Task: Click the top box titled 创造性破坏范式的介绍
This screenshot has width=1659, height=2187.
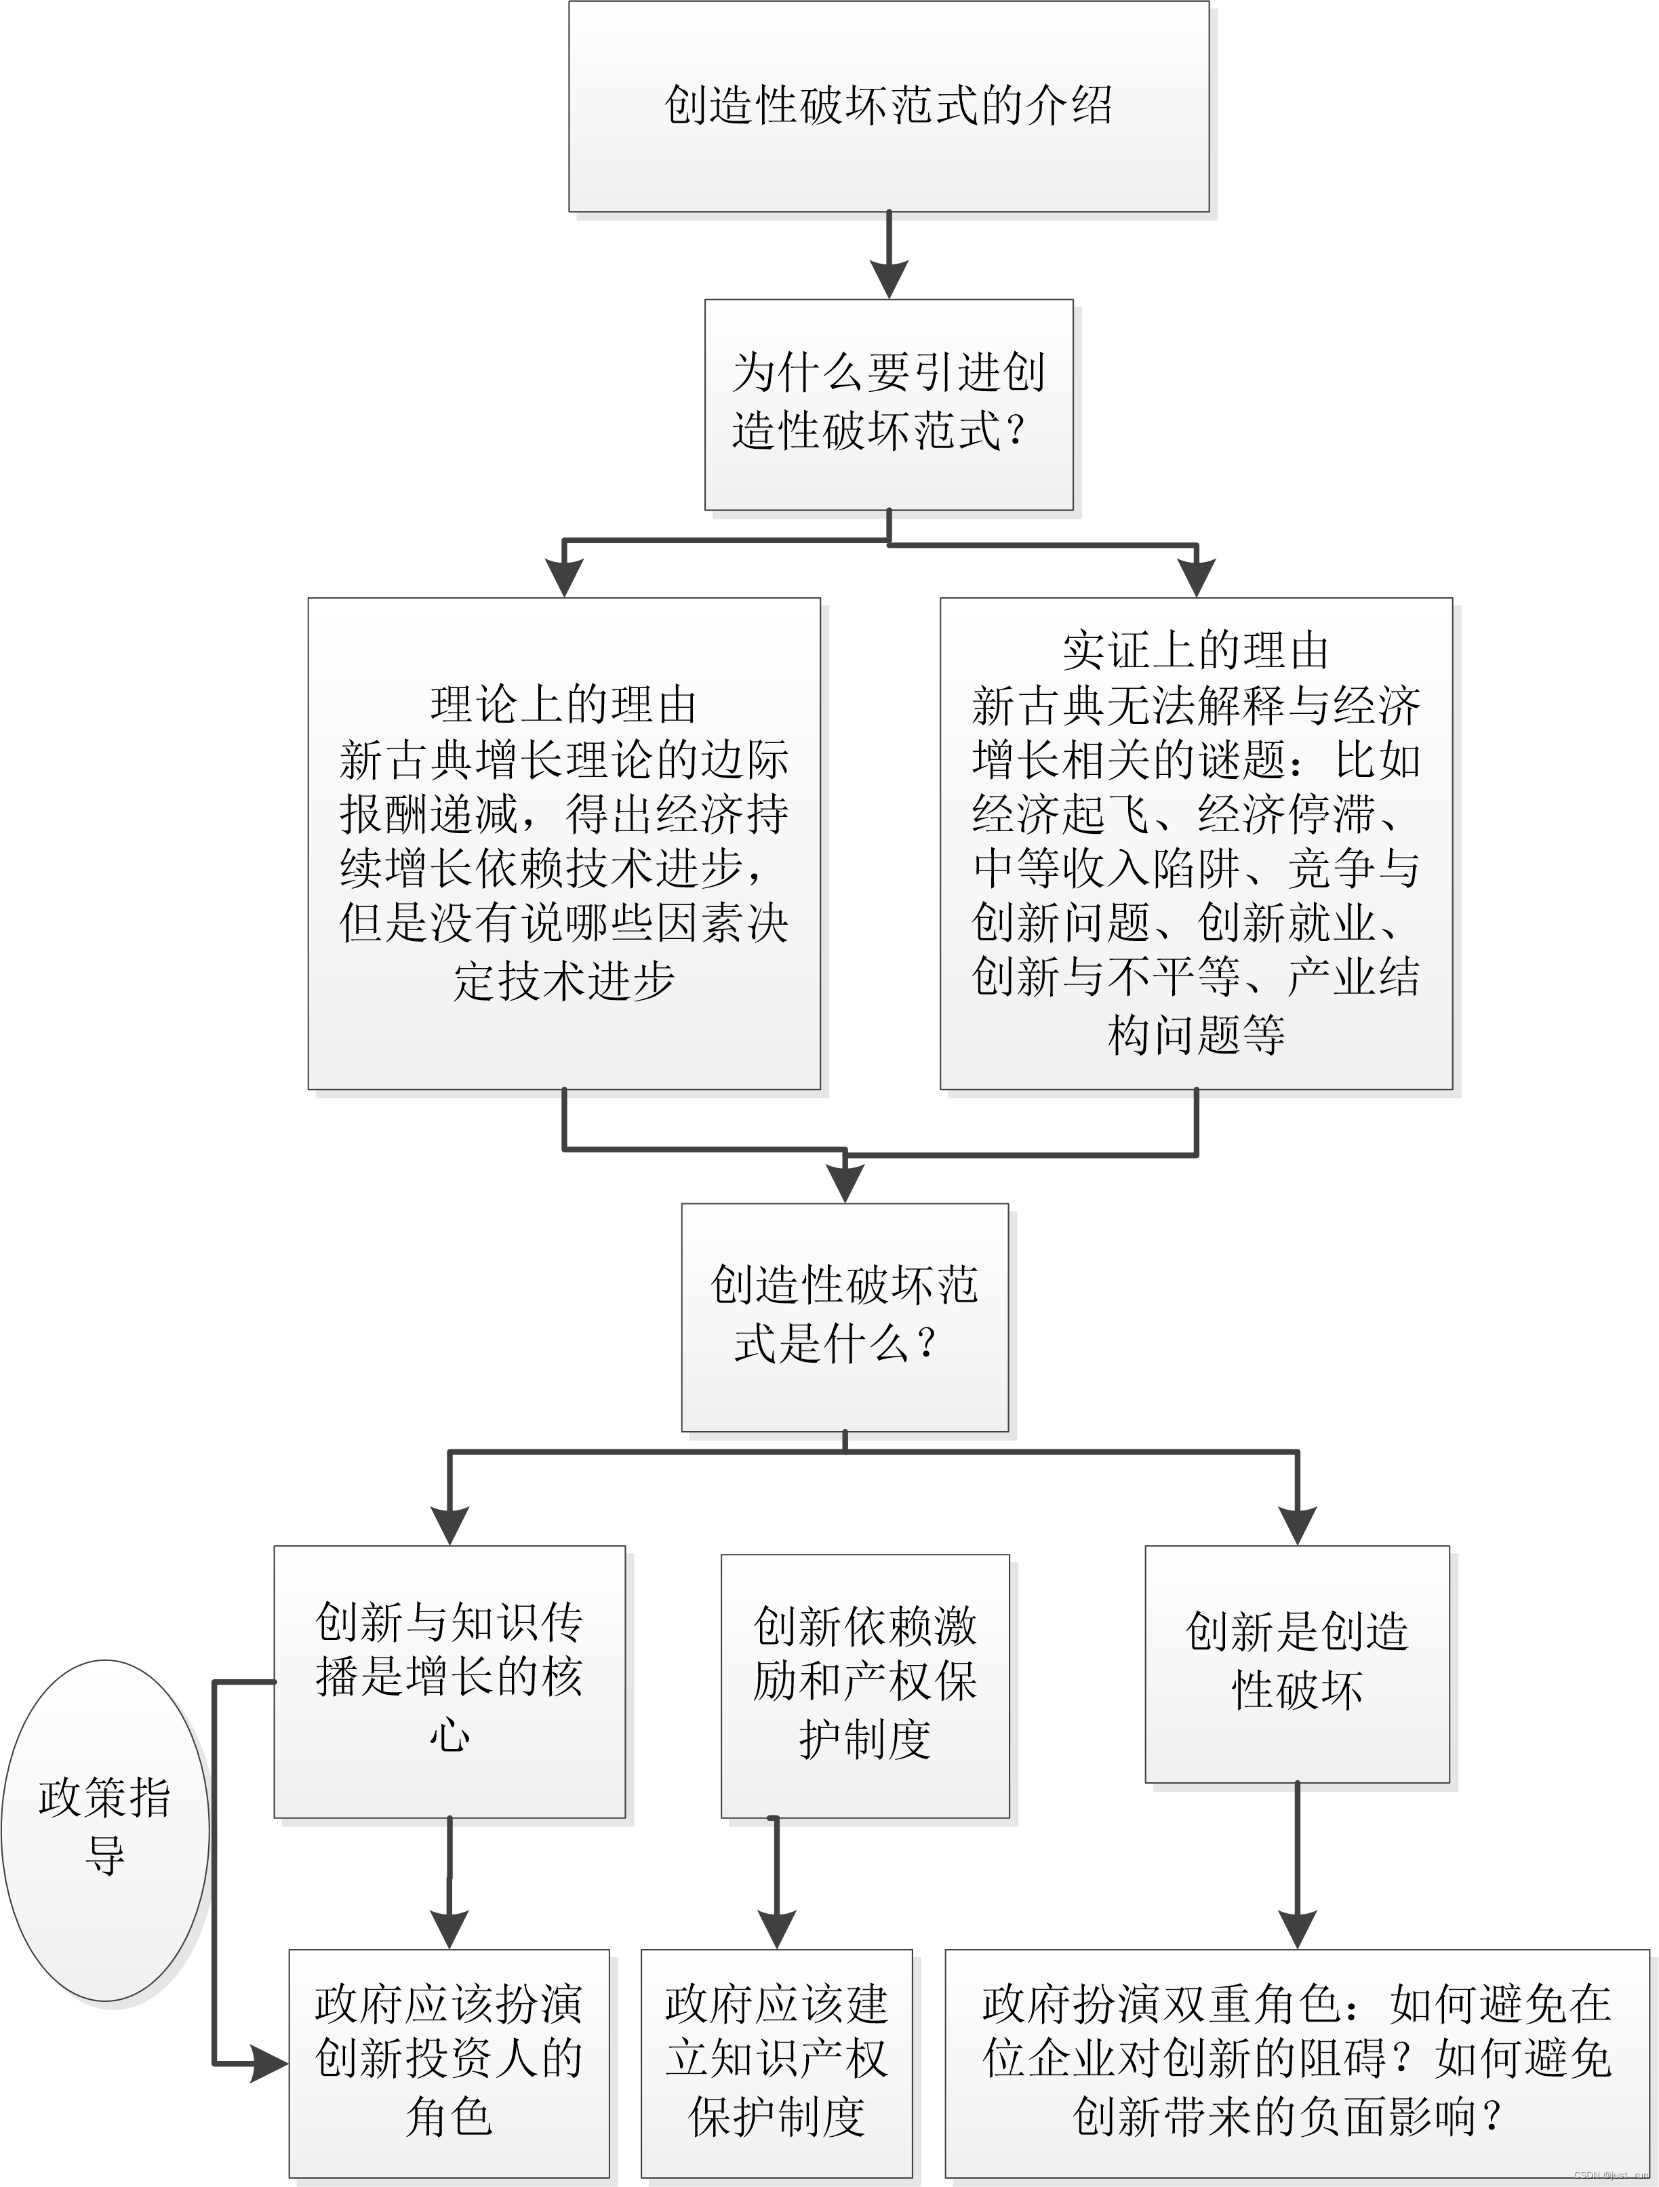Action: pyautogui.click(x=888, y=106)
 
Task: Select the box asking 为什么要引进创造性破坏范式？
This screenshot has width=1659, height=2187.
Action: pyautogui.click(x=888, y=404)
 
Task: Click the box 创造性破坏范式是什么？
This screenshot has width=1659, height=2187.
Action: pyautogui.click(x=844, y=1316)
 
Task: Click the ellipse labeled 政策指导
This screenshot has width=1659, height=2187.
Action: pyautogui.click(x=105, y=1828)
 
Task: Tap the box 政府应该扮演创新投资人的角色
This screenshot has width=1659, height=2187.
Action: pyautogui.click(x=449, y=2062)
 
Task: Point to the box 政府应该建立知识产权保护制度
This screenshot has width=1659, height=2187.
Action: pyautogui.click(x=776, y=2062)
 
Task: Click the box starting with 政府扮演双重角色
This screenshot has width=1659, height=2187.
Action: pyautogui.click(x=1296, y=2062)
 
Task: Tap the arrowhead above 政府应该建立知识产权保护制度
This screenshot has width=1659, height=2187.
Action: pyautogui.click(x=776, y=1929)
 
